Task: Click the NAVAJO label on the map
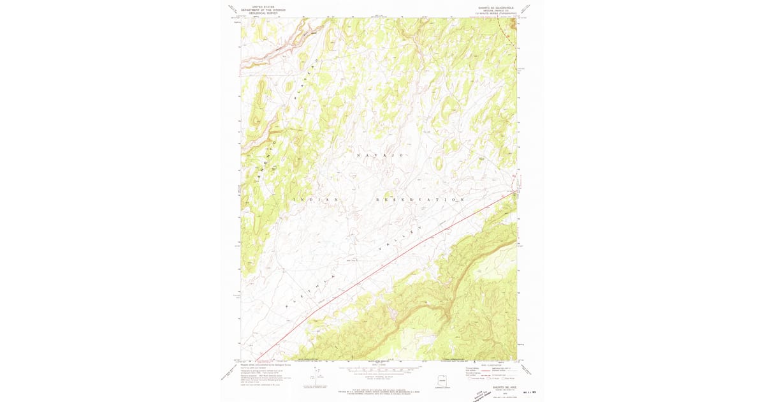[380, 156]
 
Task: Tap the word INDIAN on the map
[316, 200]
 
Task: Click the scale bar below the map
[380, 368]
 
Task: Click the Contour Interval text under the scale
[380, 376]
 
